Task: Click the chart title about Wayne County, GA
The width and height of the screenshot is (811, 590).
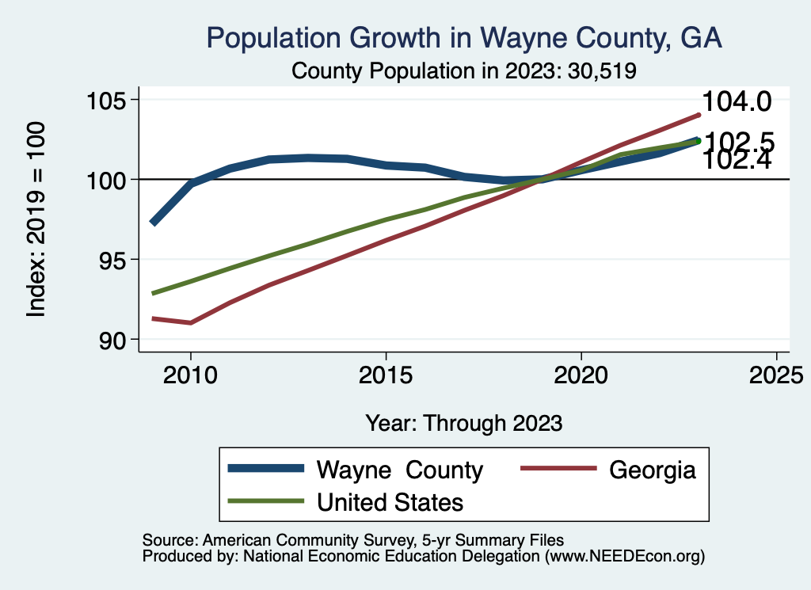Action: coord(463,38)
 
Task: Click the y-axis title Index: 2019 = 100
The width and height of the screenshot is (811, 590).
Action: coord(36,219)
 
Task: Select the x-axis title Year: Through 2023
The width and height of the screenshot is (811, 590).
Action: coord(463,423)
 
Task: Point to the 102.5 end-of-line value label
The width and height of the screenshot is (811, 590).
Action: coord(738,141)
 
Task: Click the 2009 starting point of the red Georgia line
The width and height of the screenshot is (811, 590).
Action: coord(153,318)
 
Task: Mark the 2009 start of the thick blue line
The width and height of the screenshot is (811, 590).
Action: coord(153,223)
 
